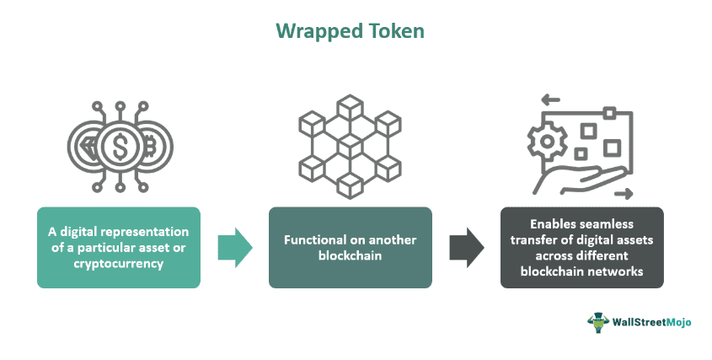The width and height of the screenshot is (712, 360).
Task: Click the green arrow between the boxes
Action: (x=233, y=247)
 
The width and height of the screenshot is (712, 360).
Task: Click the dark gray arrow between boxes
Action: (x=465, y=247)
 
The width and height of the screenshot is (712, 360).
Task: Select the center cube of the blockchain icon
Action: (x=349, y=144)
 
